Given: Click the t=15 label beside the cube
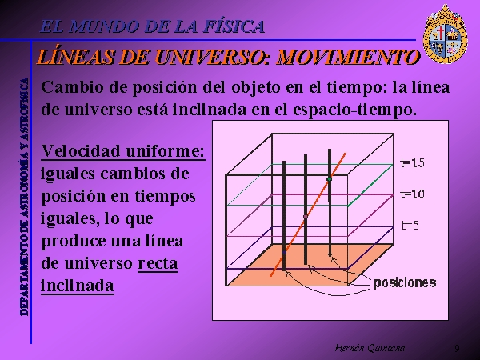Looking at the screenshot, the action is tap(412, 162).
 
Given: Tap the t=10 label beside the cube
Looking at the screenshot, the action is tap(412, 194).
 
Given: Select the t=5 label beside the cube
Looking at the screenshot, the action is tap(410, 226).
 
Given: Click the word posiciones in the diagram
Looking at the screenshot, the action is tap(405, 283).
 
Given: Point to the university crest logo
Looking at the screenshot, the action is tap(445, 34).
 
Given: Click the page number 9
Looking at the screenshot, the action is tap(457, 348).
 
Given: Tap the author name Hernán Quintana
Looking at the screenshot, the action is tap(370, 348).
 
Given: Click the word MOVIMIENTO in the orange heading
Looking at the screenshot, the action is tap(348, 57).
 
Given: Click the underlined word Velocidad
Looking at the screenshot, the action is tap(81, 151).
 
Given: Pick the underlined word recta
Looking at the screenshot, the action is tap(158, 263).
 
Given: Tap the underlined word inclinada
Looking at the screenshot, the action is tap(78, 286).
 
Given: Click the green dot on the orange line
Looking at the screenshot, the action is tap(330, 178).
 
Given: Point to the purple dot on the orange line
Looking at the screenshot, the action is tap(306, 217).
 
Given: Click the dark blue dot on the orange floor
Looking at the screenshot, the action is tap(284, 252).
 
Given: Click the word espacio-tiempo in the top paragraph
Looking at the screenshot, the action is tap(354, 110).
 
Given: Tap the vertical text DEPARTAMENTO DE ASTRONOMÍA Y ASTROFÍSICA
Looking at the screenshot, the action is tap(24, 197).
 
